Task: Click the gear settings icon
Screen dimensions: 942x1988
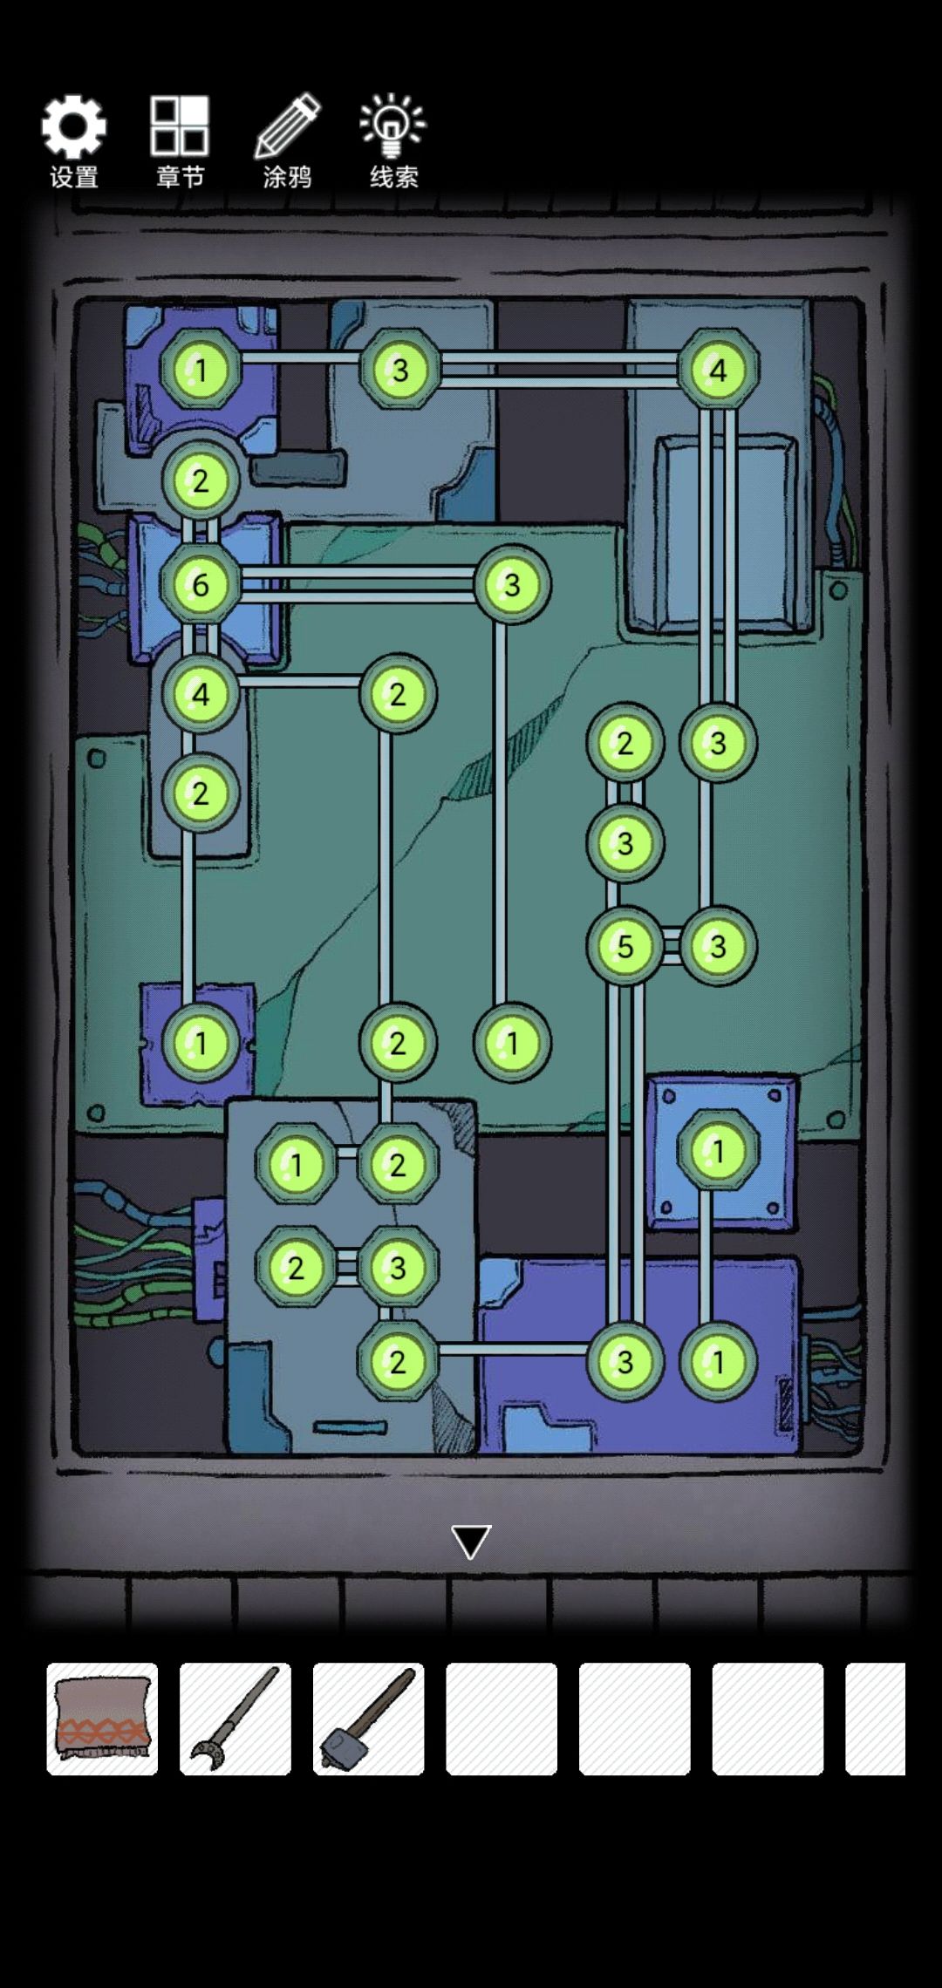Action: [x=74, y=127]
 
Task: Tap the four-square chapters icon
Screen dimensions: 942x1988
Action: [x=180, y=126]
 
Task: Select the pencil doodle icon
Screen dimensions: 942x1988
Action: [x=288, y=126]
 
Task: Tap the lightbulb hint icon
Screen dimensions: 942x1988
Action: [x=392, y=126]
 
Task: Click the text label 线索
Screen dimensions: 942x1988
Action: [x=394, y=177]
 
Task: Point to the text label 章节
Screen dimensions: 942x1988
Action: [x=180, y=177]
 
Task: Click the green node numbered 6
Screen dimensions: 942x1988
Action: [x=201, y=584]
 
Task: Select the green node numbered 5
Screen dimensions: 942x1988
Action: [x=625, y=946]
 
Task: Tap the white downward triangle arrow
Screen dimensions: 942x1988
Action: [x=471, y=1542]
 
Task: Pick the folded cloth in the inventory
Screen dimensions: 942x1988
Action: [x=102, y=1718]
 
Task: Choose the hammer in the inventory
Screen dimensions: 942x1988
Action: [x=368, y=1718]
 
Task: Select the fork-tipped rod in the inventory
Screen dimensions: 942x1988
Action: [x=235, y=1718]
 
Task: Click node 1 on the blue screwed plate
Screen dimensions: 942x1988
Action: [x=718, y=1151]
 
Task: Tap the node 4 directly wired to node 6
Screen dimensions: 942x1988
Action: [x=201, y=694]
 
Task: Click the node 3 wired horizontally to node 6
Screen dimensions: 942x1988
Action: [x=512, y=584]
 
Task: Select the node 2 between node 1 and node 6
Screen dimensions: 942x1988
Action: [x=201, y=480]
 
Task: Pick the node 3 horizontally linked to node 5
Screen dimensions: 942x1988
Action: [x=718, y=946]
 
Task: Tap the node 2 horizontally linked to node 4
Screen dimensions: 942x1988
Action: [x=398, y=694]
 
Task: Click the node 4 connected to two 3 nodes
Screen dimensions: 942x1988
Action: [x=718, y=370]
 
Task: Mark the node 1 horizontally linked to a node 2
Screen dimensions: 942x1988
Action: [x=296, y=1164]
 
